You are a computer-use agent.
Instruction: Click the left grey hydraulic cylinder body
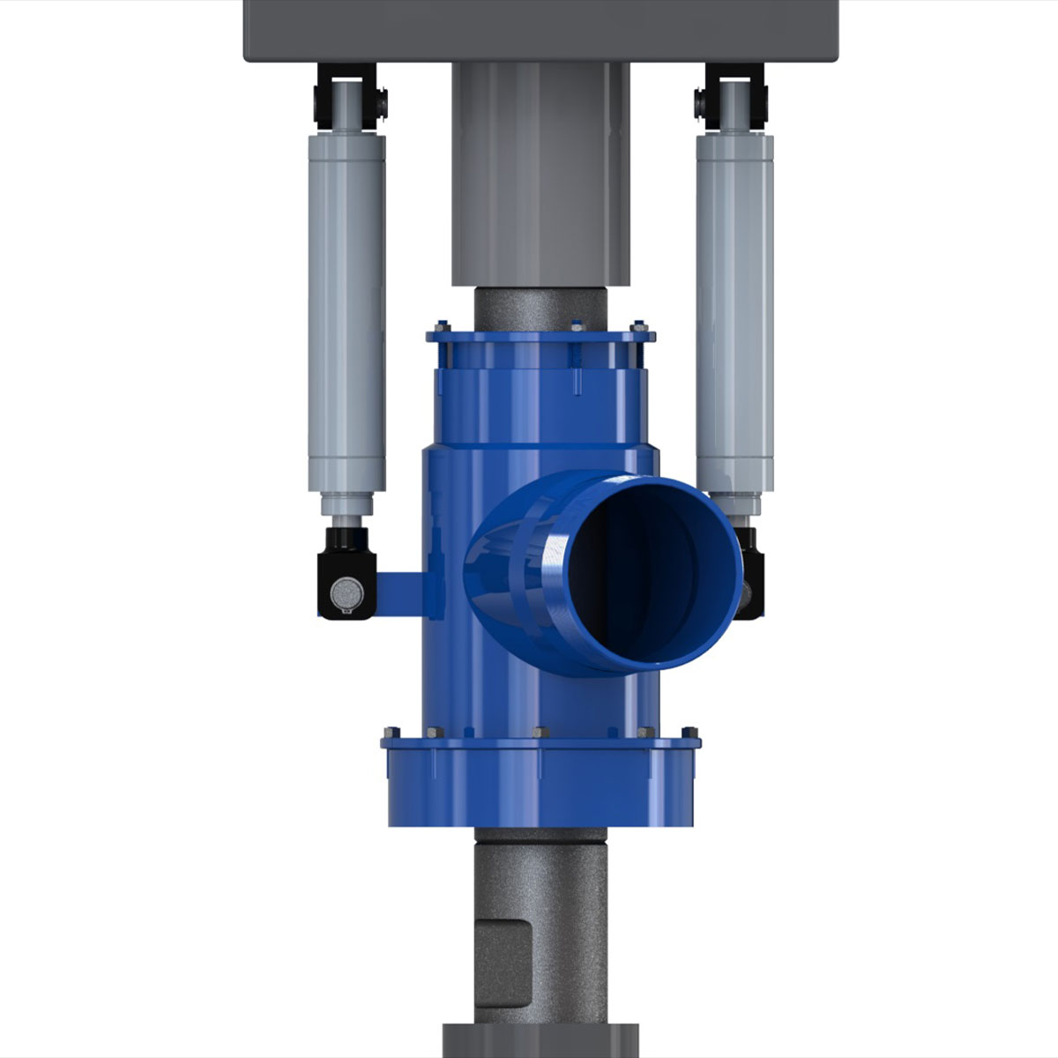346,309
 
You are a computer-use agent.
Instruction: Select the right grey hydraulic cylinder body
734,309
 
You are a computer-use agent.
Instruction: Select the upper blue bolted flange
540,337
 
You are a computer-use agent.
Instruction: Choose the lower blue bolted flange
540,741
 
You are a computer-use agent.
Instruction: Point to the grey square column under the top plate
540,176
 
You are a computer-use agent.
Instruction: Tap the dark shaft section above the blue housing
540,309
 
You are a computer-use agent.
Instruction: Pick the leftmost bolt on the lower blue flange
389,732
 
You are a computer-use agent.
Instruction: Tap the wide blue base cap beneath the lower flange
540,789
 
